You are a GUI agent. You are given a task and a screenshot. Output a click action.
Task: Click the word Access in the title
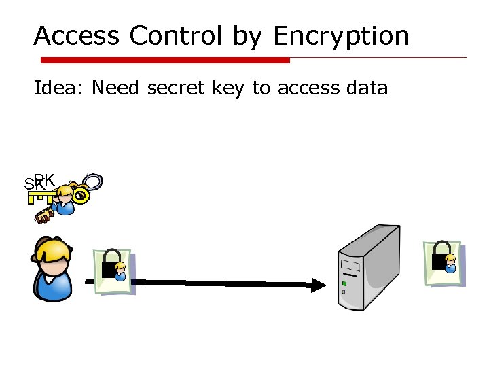[x=77, y=35]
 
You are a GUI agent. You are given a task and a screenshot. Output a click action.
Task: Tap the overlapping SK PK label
[x=39, y=182]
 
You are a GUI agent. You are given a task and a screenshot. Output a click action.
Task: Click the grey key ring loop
[x=93, y=183]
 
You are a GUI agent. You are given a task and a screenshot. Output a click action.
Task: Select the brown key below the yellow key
[x=44, y=216]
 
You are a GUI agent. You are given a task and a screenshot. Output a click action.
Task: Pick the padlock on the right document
[x=442, y=255]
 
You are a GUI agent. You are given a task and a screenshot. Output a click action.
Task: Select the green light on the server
[x=344, y=283]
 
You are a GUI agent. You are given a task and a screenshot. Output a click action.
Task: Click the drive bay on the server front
[x=350, y=266]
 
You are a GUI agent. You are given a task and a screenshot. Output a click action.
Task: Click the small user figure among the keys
[x=65, y=200]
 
